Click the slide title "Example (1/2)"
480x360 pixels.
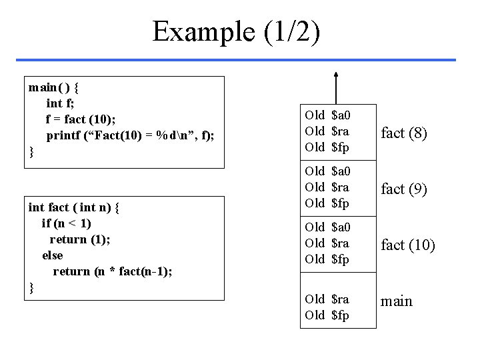(236, 31)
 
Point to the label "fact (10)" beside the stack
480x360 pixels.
(407, 245)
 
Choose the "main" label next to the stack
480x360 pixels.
(396, 301)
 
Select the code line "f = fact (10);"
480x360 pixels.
(81, 119)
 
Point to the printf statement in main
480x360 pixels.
(130, 136)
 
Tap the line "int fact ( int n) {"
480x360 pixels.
(73, 207)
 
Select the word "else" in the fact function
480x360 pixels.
(52, 255)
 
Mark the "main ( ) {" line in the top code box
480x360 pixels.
(54, 87)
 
